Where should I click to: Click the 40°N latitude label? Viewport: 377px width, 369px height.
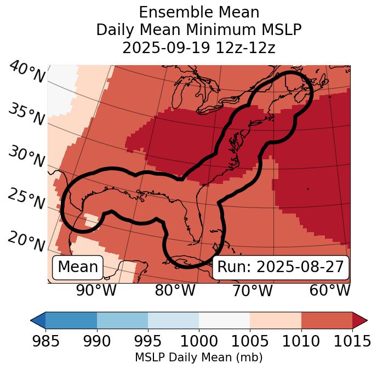[26, 72]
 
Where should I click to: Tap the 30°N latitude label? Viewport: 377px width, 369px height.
[26, 157]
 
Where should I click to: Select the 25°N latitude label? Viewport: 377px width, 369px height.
[26, 199]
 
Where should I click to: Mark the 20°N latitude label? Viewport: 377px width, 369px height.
[26, 241]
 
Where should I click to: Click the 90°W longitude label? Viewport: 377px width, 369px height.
[96, 290]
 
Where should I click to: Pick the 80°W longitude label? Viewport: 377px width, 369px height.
[175, 290]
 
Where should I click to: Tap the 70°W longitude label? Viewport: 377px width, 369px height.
[253, 290]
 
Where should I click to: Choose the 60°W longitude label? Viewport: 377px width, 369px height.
[330, 290]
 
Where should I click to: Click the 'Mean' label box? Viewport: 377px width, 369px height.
[78, 267]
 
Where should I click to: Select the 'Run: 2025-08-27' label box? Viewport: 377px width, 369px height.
[281, 267]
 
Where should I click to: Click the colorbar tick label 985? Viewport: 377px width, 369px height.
[45, 341]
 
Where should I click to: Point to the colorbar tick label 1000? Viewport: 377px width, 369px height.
[199, 341]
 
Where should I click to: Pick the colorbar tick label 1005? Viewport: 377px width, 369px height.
[250, 341]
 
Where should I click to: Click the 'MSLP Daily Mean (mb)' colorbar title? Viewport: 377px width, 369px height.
[198, 358]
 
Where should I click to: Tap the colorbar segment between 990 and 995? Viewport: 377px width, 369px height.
[122, 320]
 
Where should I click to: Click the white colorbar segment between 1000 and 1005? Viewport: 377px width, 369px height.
[224, 320]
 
